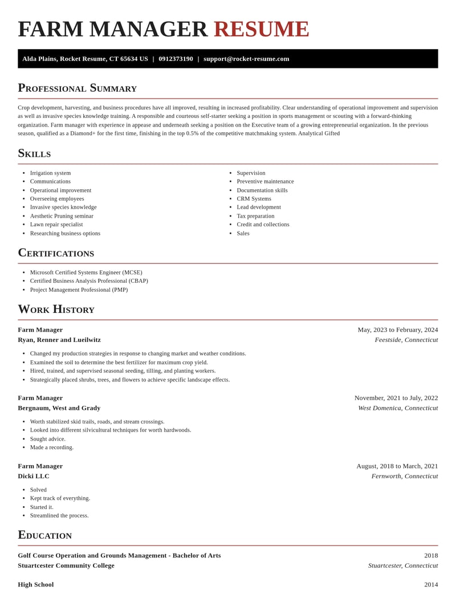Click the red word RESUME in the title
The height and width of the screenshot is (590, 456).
pos(261,29)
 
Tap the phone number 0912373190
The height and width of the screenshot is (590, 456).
pos(176,59)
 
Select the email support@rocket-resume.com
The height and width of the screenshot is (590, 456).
pos(246,59)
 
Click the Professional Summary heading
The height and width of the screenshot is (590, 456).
pos(77,88)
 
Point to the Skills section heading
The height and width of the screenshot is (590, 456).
pos(34,153)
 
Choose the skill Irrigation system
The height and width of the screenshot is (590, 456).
pos(50,173)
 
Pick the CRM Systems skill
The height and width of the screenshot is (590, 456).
pos(254,198)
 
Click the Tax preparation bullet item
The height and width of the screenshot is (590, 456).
pos(255,216)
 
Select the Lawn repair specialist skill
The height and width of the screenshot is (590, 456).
pos(56,225)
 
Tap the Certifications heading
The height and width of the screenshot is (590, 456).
pos(56,253)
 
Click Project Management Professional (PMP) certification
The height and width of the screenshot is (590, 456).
pos(79,290)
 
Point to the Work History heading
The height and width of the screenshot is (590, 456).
pos(56,309)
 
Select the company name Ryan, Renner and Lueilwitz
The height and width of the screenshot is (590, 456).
pos(59,340)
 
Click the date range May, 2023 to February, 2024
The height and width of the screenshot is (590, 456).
pos(397,329)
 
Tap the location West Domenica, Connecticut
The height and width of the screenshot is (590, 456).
pos(398,408)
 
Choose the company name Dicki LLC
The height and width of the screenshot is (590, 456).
pos(34,476)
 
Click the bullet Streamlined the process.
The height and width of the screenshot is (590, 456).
pos(59,515)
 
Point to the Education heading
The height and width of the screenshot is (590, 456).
pos(44,535)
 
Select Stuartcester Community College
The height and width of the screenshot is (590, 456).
pos(66,565)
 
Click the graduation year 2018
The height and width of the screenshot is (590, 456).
pos(431,555)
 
